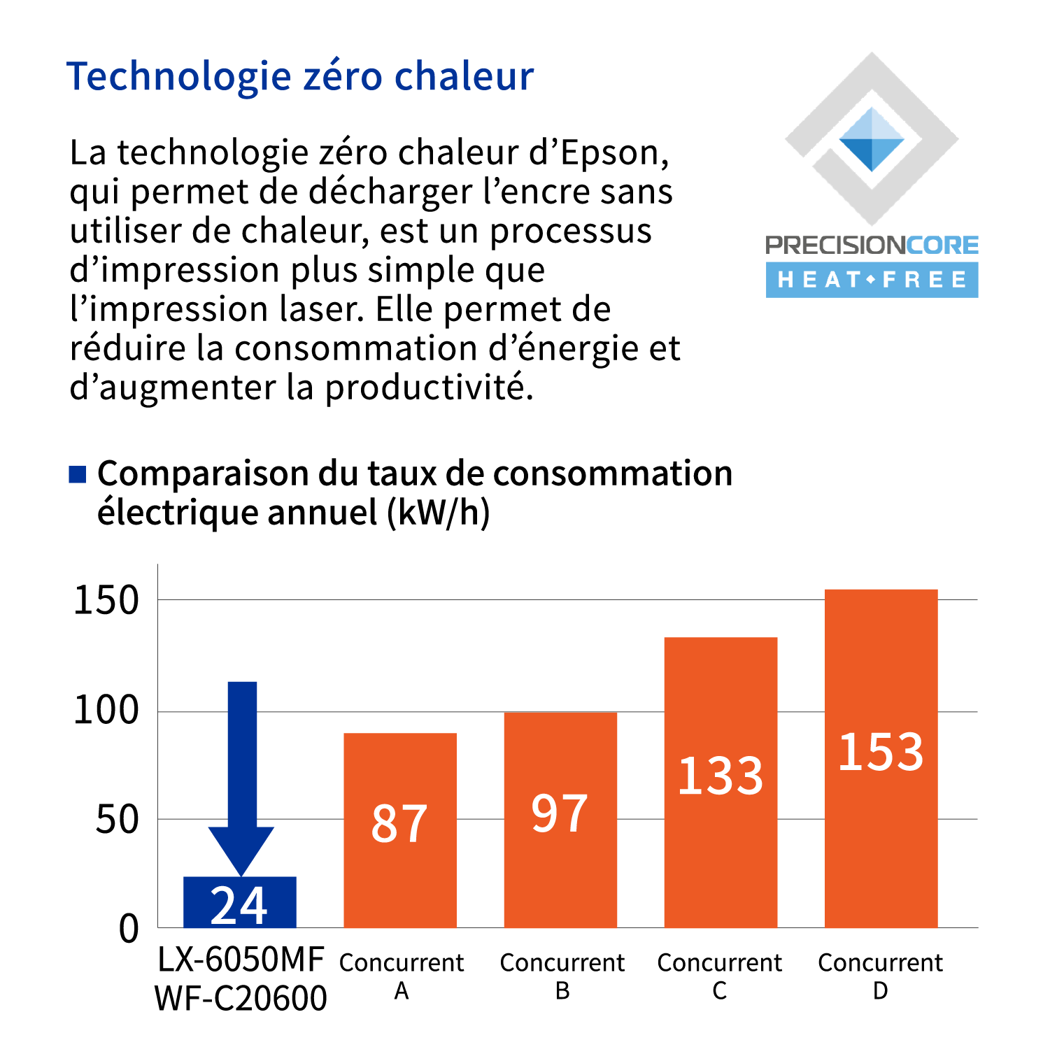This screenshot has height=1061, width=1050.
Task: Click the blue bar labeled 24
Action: click(x=239, y=902)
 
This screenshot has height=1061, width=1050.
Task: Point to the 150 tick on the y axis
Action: click(x=106, y=601)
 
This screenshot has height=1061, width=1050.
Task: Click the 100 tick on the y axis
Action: click(x=106, y=711)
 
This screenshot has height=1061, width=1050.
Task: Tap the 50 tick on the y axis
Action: click(x=117, y=820)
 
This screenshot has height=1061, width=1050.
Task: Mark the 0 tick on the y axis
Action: click(x=129, y=929)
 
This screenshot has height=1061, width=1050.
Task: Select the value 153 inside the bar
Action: click(x=881, y=753)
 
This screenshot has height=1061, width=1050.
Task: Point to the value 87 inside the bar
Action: click(x=399, y=824)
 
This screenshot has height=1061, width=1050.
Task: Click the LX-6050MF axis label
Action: click(x=241, y=959)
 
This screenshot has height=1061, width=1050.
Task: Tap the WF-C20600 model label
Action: click(x=241, y=998)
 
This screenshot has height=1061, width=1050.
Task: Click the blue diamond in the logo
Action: click(x=872, y=140)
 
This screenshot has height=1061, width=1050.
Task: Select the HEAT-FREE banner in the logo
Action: click(x=872, y=280)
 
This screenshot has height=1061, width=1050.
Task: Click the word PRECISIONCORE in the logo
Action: click(x=872, y=245)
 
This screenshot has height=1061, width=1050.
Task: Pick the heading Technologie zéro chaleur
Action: click(x=300, y=76)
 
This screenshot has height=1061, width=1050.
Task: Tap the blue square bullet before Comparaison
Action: click(x=77, y=474)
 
